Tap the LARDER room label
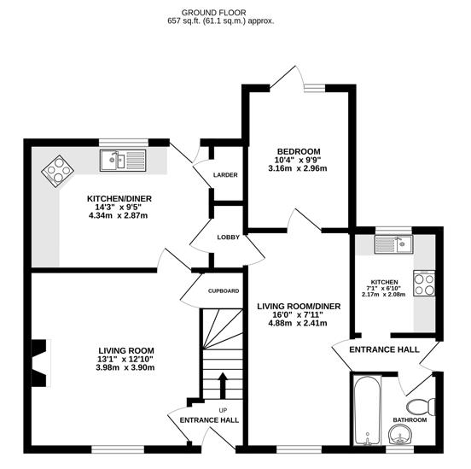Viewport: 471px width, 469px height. coord(225,175)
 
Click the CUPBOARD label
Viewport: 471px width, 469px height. coord(223,291)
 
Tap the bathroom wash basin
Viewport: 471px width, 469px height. coord(398,438)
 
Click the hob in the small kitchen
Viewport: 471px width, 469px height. coord(424,283)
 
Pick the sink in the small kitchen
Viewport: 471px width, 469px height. coord(395,244)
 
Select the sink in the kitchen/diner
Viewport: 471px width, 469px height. coord(116,160)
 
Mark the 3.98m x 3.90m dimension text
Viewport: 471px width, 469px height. coord(125,368)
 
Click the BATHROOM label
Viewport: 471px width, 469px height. coord(409,420)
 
